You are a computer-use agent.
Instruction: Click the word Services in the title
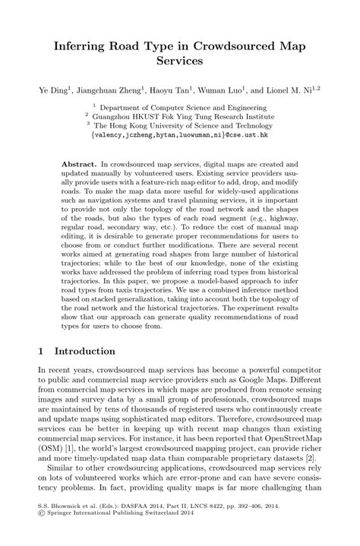pos(180,61)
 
